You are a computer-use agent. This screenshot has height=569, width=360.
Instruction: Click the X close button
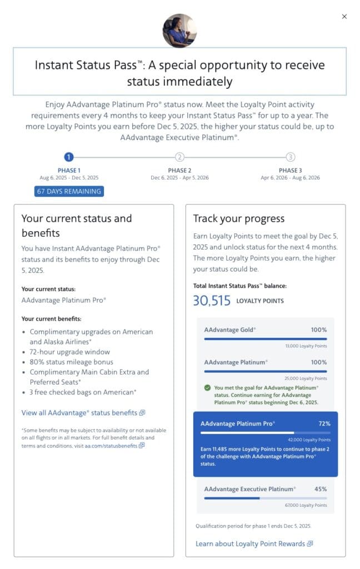344,17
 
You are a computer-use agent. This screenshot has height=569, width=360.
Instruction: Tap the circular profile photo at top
179,31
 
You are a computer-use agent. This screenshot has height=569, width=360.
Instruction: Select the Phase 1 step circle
69,157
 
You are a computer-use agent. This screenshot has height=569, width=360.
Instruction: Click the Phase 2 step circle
179,157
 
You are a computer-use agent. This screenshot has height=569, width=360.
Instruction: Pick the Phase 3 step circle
291,157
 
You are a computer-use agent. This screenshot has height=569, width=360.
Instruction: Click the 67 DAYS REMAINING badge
69,191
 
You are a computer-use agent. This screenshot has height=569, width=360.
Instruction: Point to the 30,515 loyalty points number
212,301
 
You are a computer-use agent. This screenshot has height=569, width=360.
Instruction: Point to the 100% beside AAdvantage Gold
319,330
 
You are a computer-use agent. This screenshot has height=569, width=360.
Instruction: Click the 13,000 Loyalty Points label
305,346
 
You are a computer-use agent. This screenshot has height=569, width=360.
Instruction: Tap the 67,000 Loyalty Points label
305,505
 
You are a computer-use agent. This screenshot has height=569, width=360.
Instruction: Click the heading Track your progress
238,218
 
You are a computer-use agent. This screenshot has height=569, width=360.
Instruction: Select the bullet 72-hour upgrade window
70,352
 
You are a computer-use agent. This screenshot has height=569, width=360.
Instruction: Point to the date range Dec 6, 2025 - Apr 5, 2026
179,178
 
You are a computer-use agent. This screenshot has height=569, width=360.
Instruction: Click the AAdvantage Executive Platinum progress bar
265,498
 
